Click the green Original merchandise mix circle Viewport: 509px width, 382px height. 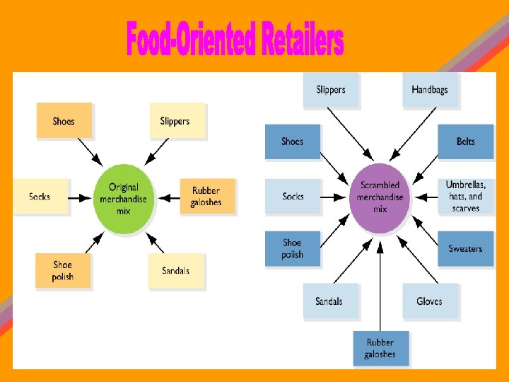coord(123,199)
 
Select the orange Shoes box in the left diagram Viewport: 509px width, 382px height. coord(64,121)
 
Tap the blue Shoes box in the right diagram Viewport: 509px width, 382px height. coord(292,141)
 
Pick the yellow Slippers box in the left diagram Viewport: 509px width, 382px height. coord(175,121)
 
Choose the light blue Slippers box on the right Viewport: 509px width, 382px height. coord(331,90)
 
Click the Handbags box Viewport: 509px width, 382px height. coord(430,90)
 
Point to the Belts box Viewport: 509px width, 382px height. coord(465,141)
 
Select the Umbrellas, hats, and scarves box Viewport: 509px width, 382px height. coord(465,196)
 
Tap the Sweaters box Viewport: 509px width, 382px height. coord(465,248)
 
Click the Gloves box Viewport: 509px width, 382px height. coord(429,301)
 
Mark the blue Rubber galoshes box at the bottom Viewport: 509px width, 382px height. coord(380,348)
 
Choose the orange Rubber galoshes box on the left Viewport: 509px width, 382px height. coord(205,196)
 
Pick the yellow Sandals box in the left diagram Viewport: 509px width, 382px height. coord(175,270)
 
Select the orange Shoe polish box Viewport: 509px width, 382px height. coord(63,270)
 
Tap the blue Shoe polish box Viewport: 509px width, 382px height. coord(292,248)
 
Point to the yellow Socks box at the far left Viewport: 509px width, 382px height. coord(40,196)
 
